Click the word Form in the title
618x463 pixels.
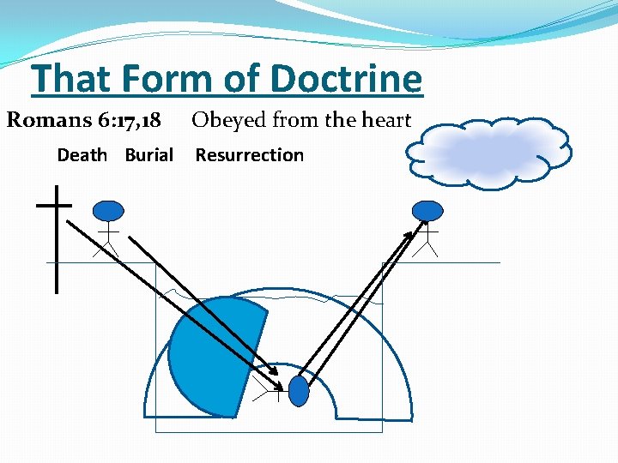coord(176,79)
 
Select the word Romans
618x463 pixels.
coord(47,120)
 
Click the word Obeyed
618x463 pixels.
coord(228,120)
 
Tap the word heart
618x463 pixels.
coord(380,120)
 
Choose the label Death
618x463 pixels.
coord(82,155)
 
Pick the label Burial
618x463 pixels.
coord(148,155)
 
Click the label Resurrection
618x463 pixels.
coord(250,155)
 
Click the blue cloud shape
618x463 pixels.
coord(488,151)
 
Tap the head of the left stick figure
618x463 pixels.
coord(108,210)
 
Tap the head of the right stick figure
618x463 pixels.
coord(427,210)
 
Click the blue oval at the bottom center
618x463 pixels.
coord(298,391)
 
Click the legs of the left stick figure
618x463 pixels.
coord(107,248)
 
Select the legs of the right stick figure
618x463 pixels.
coord(427,248)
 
